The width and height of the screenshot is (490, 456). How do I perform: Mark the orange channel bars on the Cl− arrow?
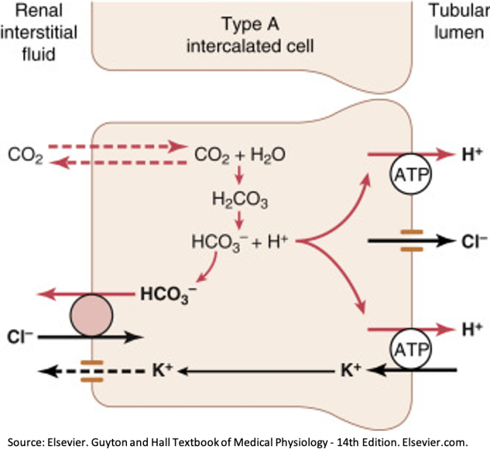click(410, 241)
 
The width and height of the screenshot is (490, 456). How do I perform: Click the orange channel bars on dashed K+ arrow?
click(89, 371)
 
